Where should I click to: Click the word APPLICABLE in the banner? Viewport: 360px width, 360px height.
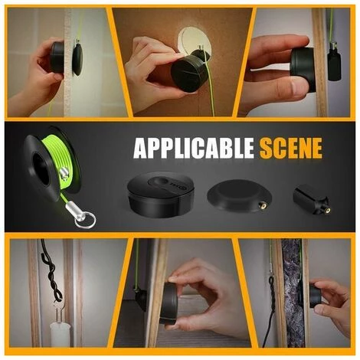coord(194,148)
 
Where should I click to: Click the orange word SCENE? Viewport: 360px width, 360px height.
coord(291,148)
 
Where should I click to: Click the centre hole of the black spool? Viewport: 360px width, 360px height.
coord(41,169)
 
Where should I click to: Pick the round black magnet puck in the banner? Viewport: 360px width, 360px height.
coord(161,195)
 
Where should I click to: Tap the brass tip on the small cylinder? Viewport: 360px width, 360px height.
coord(326,210)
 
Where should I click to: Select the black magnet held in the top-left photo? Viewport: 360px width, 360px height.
coord(57,57)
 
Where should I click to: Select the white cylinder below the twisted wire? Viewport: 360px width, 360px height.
coord(60,335)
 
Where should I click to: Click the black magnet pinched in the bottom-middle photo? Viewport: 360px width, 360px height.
coord(169,303)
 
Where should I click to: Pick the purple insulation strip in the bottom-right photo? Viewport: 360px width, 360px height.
coord(293,293)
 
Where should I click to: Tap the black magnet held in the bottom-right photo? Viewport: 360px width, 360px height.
coord(315,296)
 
